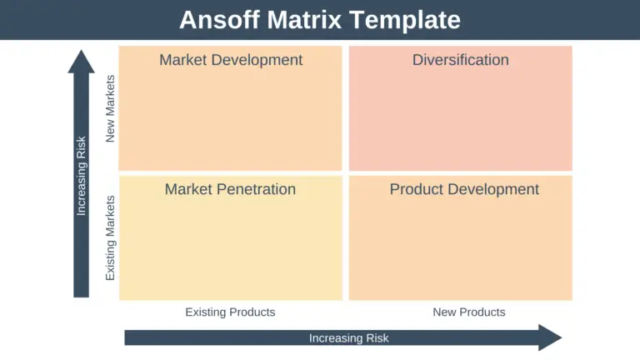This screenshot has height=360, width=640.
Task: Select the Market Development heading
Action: point(231,60)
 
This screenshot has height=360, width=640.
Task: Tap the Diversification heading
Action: point(460,60)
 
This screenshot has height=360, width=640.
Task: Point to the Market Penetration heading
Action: point(230,189)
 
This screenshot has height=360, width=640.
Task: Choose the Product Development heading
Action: point(464,189)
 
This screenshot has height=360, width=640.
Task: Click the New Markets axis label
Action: point(111,108)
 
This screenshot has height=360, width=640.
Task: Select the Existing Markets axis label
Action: point(111,237)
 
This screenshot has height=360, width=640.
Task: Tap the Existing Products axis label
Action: point(230,312)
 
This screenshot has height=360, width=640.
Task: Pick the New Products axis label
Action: point(468,312)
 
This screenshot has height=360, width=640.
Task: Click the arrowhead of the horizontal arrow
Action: point(549,337)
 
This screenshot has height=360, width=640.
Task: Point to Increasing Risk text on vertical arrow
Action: point(81,176)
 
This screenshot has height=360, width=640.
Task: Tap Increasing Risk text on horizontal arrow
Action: point(348,338)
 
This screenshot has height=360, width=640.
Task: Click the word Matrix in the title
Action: point(307,19)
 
